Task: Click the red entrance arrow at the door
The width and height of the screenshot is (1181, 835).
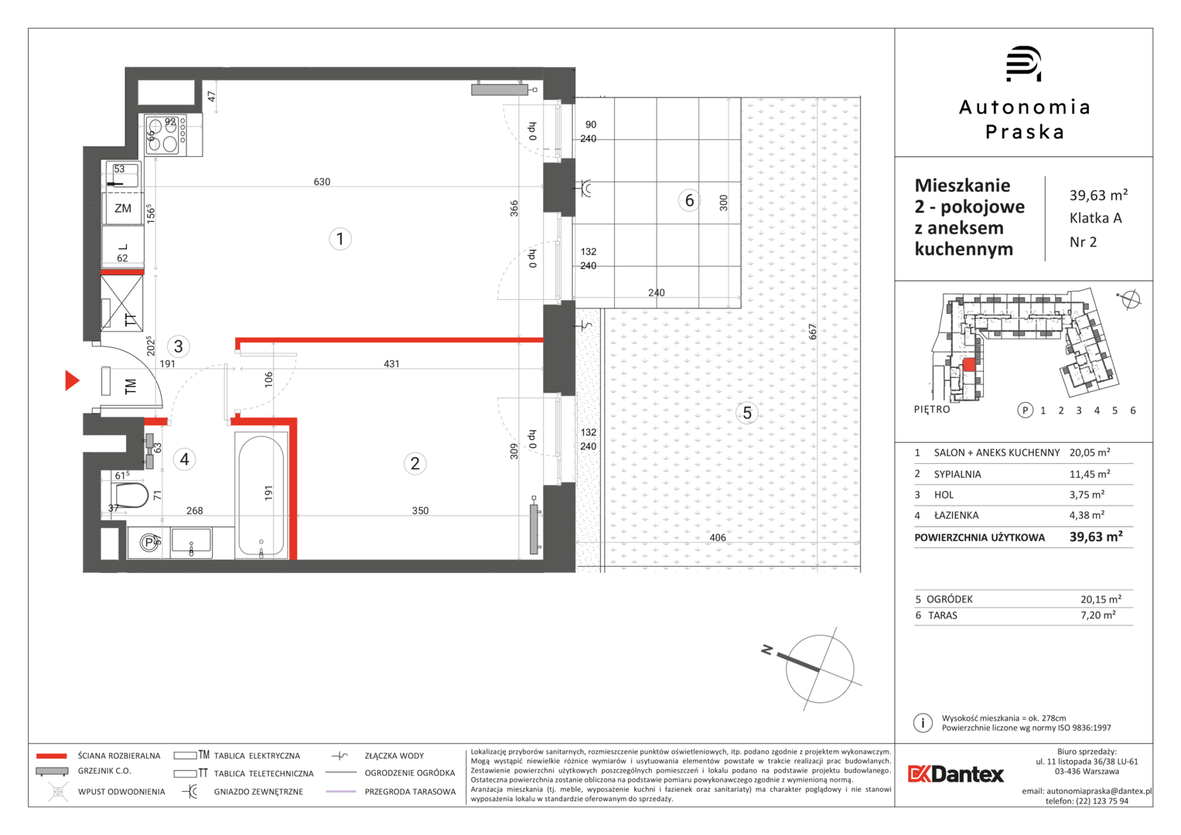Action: click(72, 380)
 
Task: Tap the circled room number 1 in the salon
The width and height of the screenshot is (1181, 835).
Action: click(340, 240)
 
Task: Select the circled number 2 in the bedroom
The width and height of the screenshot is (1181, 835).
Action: click(415, 463)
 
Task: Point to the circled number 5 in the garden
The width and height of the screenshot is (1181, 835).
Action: click(747, 413)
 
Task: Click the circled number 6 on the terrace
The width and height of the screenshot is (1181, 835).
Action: click(689, 200)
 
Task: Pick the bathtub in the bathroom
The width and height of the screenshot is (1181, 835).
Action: click(261, 496)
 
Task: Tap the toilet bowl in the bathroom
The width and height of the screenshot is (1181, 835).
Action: click(131, 495)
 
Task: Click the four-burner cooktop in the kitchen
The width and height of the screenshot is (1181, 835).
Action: click(166, 135)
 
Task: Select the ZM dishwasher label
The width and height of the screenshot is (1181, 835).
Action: click(123, 208)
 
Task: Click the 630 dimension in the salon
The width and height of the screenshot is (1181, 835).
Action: click(322, 182)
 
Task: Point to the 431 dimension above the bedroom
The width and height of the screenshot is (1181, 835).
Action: click(391, 363)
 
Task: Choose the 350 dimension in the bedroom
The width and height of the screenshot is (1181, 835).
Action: click(420, 510)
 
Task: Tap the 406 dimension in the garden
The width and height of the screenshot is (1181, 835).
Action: click(718, 537)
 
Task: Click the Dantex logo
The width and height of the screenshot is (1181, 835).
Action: click(955, 774)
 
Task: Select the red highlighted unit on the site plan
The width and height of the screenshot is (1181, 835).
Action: click(969, 365)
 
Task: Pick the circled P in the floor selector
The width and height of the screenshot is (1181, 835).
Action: click(1025, 410)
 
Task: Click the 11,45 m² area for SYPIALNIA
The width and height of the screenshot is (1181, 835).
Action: click(1090, 474)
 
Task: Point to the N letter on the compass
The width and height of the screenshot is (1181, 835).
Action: click(767, 650)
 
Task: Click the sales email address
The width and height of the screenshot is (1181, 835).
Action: click(1099, 791)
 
